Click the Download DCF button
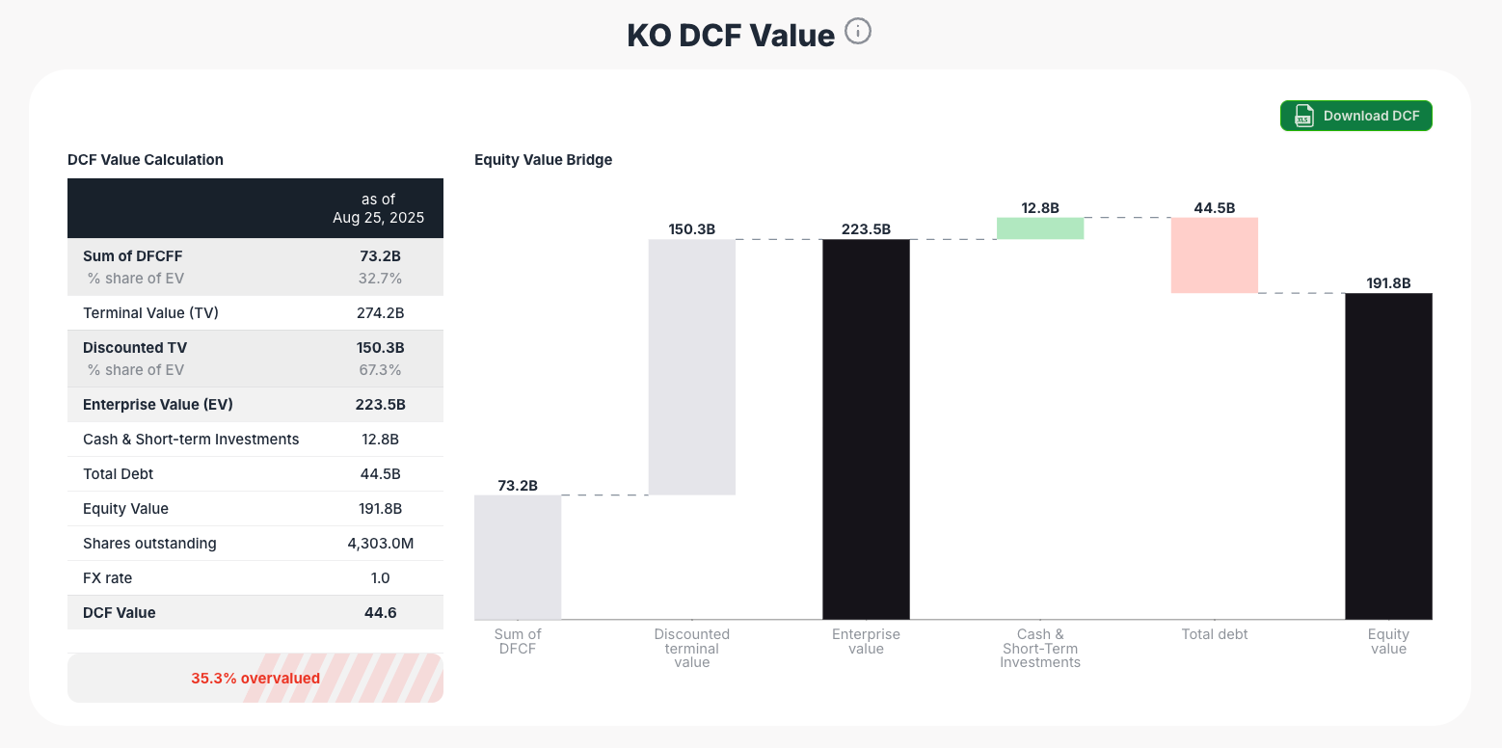1355,116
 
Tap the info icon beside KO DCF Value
857,32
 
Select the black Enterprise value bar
866,429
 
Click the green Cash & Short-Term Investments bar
1039,228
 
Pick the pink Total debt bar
1214,255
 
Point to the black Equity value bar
1388,456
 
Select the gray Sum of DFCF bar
518,557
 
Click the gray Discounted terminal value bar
691,366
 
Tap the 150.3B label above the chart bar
691,229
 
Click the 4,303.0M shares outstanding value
380,544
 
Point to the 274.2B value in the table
380,313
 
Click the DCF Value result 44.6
380,613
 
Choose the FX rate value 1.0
380,578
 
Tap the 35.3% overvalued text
255,679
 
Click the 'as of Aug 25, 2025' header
378,208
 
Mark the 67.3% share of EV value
380,370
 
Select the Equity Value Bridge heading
543,160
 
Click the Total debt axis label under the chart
1214,634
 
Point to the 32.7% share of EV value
380,279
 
